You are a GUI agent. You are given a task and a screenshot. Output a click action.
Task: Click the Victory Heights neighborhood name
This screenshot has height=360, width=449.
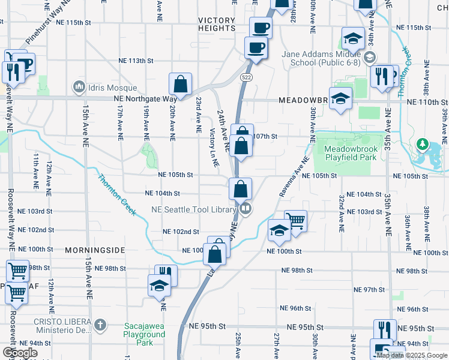click(217, 24)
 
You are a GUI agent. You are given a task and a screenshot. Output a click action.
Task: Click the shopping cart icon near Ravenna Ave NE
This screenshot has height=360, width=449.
click(295, 220)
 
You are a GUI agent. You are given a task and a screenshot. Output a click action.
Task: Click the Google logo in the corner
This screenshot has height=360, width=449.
click(20, 353)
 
